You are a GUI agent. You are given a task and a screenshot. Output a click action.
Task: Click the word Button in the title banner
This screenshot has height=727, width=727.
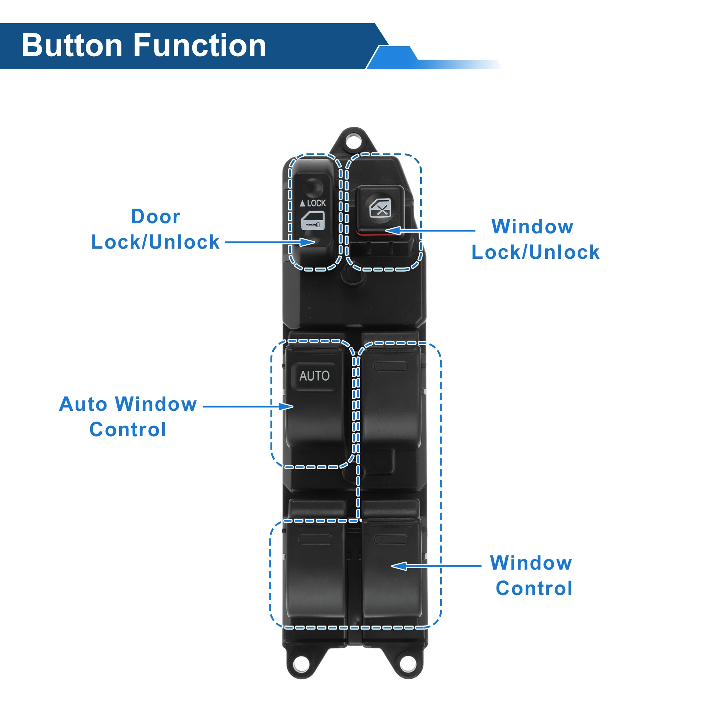72,45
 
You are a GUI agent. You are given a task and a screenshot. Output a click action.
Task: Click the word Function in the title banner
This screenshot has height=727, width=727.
200,45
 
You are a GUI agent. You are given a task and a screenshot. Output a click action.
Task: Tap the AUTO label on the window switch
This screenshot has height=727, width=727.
314,375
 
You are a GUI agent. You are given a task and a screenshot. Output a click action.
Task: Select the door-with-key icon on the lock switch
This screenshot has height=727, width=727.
313,221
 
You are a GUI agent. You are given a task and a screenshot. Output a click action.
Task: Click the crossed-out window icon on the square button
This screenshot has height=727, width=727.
380,208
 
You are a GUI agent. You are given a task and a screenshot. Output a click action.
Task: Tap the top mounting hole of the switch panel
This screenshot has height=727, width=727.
353,141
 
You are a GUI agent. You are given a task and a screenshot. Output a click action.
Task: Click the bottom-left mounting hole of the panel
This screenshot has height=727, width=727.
301,665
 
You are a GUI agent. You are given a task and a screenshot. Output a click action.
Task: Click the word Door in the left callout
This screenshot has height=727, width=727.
156,216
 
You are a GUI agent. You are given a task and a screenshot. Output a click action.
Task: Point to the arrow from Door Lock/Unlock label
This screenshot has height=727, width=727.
270,242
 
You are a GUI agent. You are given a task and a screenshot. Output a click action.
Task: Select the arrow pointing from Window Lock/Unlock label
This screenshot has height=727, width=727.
430,230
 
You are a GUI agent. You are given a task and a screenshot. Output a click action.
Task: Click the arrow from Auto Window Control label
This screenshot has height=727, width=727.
248,406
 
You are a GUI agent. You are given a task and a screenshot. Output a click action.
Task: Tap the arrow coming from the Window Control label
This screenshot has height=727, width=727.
436,566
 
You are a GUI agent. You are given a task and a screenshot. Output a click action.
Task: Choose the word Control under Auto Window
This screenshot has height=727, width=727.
128,429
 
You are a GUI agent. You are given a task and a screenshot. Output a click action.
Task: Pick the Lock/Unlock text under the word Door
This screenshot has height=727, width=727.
156,242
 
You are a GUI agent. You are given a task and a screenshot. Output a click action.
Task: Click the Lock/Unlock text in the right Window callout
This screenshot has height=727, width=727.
535,252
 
